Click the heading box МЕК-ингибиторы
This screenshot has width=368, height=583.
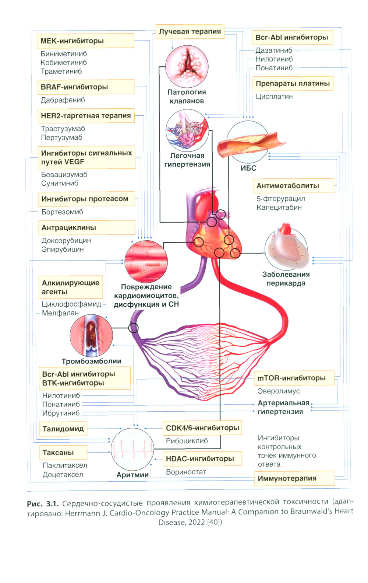click(85, 41)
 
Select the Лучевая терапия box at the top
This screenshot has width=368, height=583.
click(190, 32)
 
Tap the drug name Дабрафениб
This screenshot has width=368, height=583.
click(63, 100)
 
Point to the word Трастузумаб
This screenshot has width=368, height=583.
click(63, 129)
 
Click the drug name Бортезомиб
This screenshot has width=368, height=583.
click(62, 212)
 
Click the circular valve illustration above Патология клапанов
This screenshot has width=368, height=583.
click(187, 66)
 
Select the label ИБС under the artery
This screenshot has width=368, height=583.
click(248, 168)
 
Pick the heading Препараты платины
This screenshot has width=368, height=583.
click(293, 84)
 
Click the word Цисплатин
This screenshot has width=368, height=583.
click(274, 97)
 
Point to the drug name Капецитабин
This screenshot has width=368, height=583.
click(279, 207)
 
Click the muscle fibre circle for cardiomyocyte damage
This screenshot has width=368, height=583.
click(146, 261)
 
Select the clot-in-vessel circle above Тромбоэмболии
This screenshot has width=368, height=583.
click(91, 335)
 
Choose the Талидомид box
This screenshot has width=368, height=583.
click(63, 429)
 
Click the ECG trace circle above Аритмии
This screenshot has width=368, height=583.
click(132, 449)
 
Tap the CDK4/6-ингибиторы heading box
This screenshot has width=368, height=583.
click(202, 428)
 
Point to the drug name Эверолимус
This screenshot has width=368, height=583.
click(279, 391)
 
